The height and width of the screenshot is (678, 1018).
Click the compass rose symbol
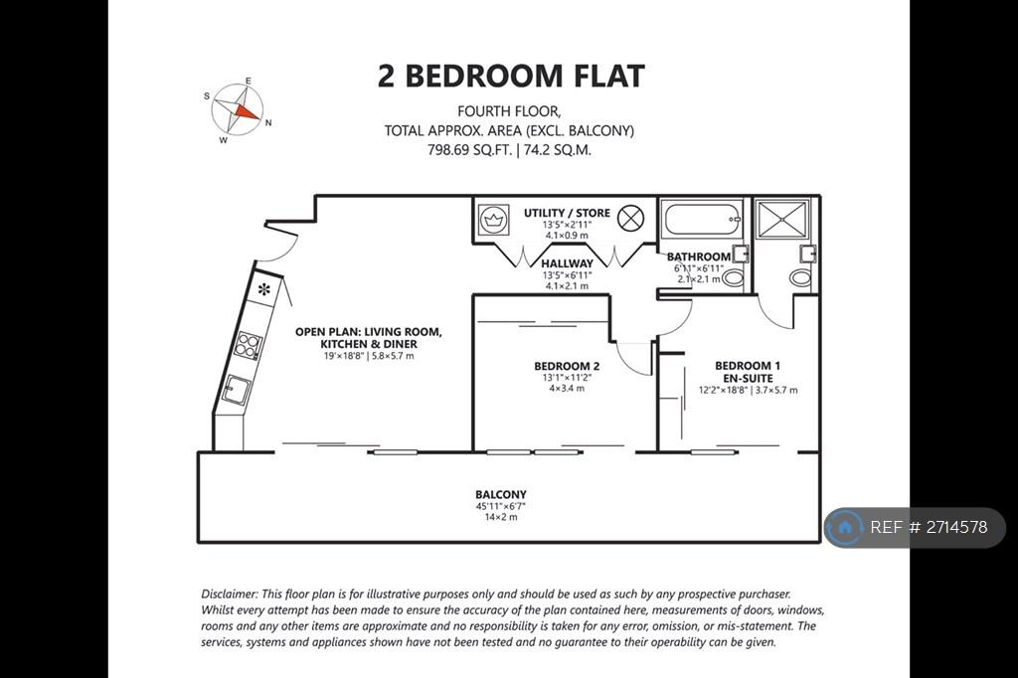pyautogui.click(x=238, y=109)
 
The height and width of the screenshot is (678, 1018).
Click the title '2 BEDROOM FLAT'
pyautogui.click(x=511, y=76)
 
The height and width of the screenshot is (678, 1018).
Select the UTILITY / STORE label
pyautogui.click(x=567, y=213)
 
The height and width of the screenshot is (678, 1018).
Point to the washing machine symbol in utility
pyautogui.click(x=494, y=220)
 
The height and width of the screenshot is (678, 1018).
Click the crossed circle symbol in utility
pyautogui.click(x=629, y=218)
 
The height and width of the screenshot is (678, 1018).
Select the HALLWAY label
pyautogui.click(x=567, y=263)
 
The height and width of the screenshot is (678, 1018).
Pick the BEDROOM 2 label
pyautogui.click(x=567, y=366)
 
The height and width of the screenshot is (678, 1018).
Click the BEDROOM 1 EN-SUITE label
pyautogui.click(x=748, y=372)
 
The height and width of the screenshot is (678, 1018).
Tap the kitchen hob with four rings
pyautogui.click(x=248, y=345)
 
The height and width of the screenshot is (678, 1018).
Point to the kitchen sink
pyautogui.click(x=237, y=390)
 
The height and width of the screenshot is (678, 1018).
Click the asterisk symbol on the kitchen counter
pyautogui.click(x=263, y=289)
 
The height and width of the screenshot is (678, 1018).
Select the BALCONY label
pyautogui.click(x=501, y=494)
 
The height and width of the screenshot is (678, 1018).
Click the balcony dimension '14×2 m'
pyautogui.click(x=501, y=518)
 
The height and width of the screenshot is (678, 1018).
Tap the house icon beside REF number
pyautogui.click(x=845, y=527)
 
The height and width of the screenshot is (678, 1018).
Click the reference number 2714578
pyautogui.click(x=957, y=527)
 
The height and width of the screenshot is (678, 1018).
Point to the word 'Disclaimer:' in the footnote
pyautogui.click(x=230, y=593)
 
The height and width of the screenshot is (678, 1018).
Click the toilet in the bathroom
pyautogui.click(x=733, y=278)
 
